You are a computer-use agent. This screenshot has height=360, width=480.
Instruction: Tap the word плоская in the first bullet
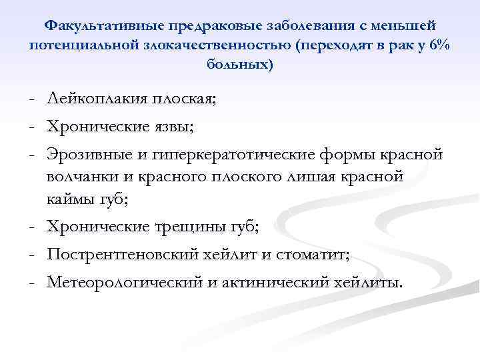point(185,101)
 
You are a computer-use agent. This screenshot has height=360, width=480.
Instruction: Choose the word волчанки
point(82,177)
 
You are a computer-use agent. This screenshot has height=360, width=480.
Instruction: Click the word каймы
point(71,197)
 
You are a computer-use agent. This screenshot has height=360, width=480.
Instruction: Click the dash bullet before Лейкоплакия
point(32,101)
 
